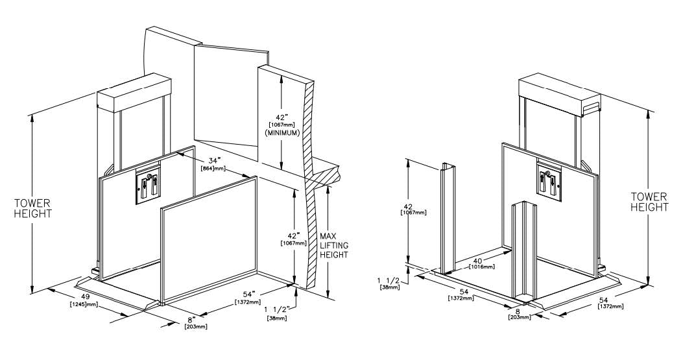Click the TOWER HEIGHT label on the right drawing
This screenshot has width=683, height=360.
click(650, 202)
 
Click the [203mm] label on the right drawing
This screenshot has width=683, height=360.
click(520, 317)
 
